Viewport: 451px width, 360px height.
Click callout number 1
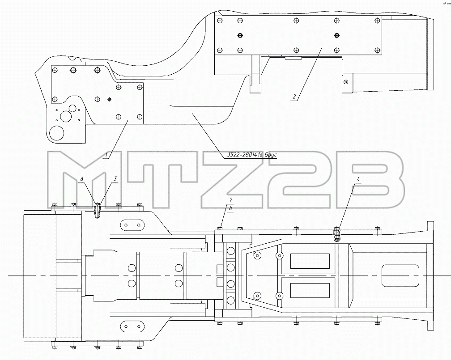[x=106, y=155]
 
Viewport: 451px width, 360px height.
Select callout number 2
[x=294, y=97]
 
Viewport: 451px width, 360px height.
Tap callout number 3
[x=115, y=178]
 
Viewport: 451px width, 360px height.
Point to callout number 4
[x=358, y=179]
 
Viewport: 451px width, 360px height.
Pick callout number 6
[x=82, y=178]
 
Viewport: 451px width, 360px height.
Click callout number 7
[x=231, y=199]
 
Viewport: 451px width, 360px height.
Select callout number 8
[x=231, y=208]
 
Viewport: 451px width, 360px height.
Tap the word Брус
[x=271, y=155]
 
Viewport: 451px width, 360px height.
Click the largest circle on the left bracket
[x=57, y=133]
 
